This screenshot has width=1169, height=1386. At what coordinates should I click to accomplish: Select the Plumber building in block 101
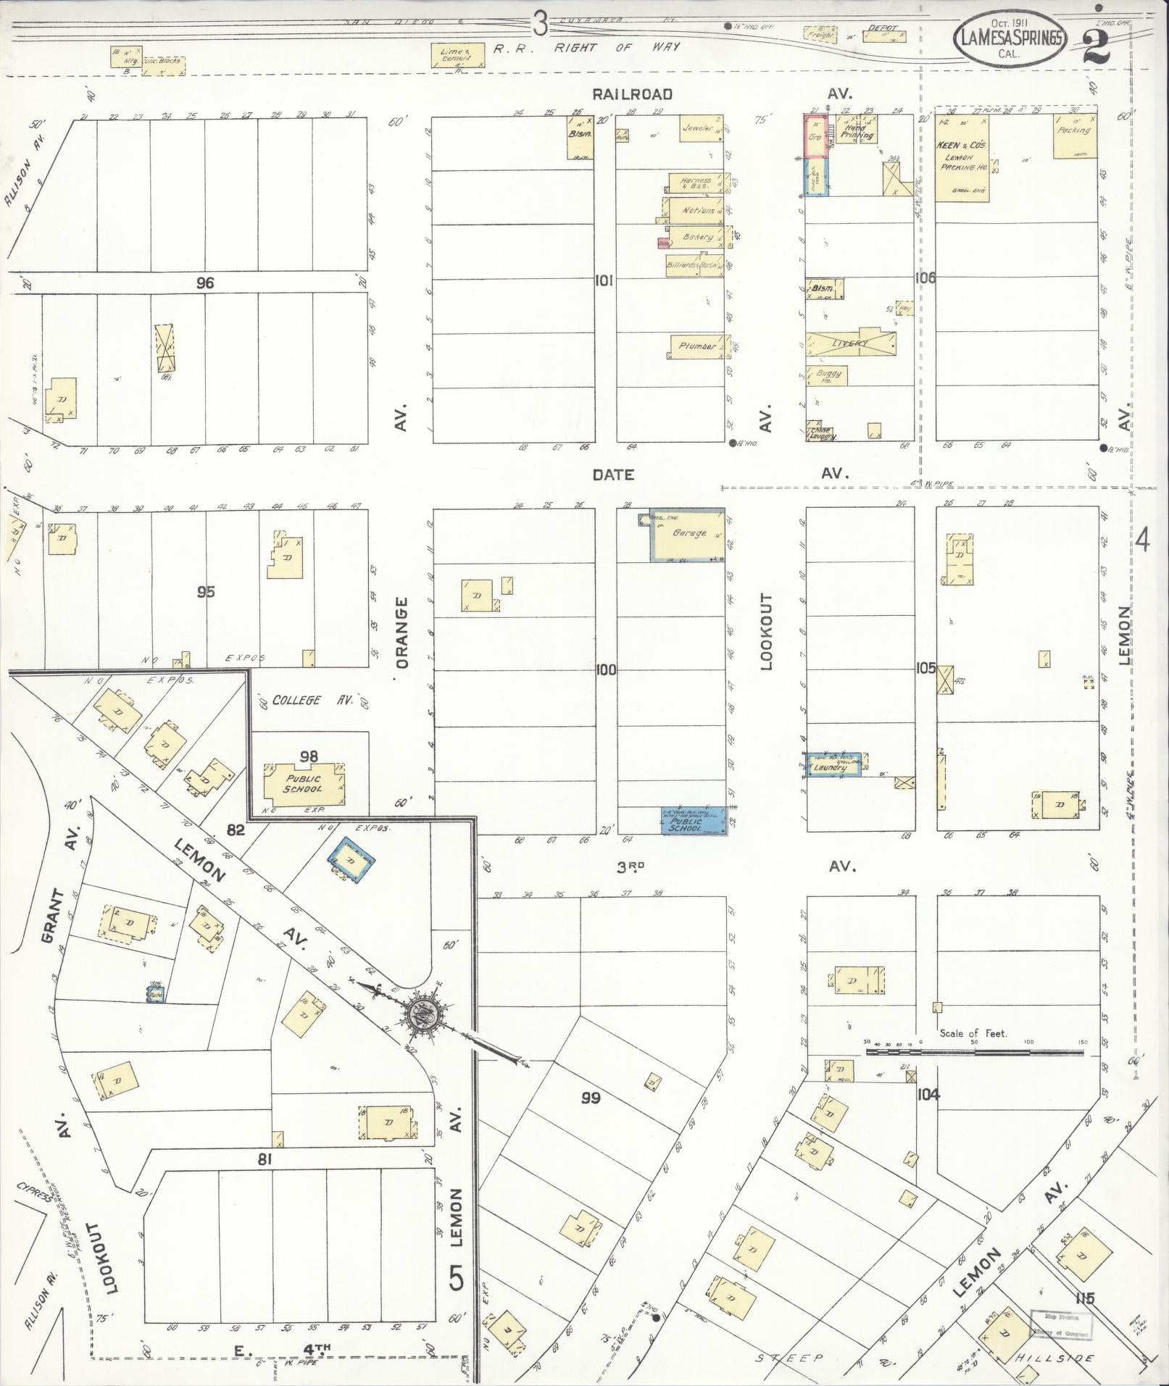click(x=697, y=346)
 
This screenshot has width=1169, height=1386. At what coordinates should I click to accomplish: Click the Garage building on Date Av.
click(x=688, y=534)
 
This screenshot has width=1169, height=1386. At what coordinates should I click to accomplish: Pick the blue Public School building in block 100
click(x=694, y=821)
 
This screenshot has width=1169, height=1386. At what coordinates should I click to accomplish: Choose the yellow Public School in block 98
click(x=304, y=785)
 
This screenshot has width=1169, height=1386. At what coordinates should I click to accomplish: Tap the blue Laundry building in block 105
click(x=834, y=765)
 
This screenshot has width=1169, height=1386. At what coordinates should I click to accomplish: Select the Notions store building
click(x=697, y=210)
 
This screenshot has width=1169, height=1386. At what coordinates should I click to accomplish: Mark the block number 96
click(x=205, y=283)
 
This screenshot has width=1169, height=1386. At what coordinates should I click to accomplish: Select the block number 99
click(x=591, y=1098)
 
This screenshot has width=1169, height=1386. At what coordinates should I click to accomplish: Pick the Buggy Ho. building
click(x=828, y=375)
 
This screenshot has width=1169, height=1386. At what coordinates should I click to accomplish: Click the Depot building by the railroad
click(x=883, y=33)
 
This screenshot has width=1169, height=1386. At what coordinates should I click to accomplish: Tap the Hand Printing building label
click(x=857, y=131)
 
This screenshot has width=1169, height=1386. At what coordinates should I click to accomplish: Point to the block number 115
click(x=1085, y=1298)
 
